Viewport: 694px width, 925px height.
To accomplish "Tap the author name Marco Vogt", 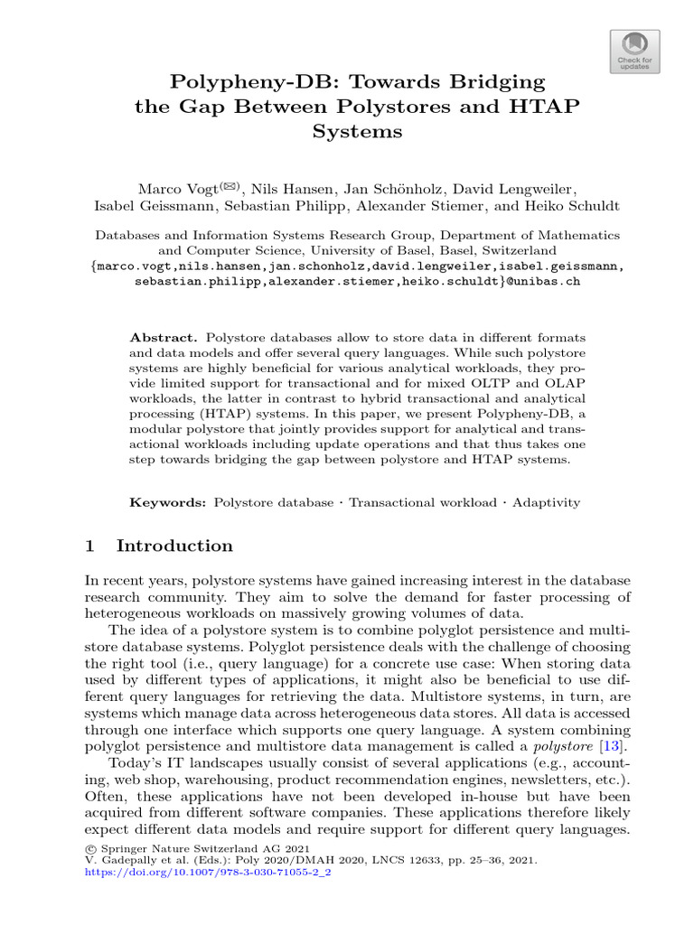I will pyautogui.click(x=174, y=189).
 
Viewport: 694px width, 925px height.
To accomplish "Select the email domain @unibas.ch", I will pyautogui.click(x=541, y=281).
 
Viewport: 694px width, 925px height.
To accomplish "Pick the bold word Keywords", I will pyautogui.click(x=166, y=501).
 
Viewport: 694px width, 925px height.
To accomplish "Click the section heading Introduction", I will pyautogui.click(x=174, y=546).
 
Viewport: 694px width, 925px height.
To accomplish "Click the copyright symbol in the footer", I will pyautogui.click(x=89, y=847).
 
